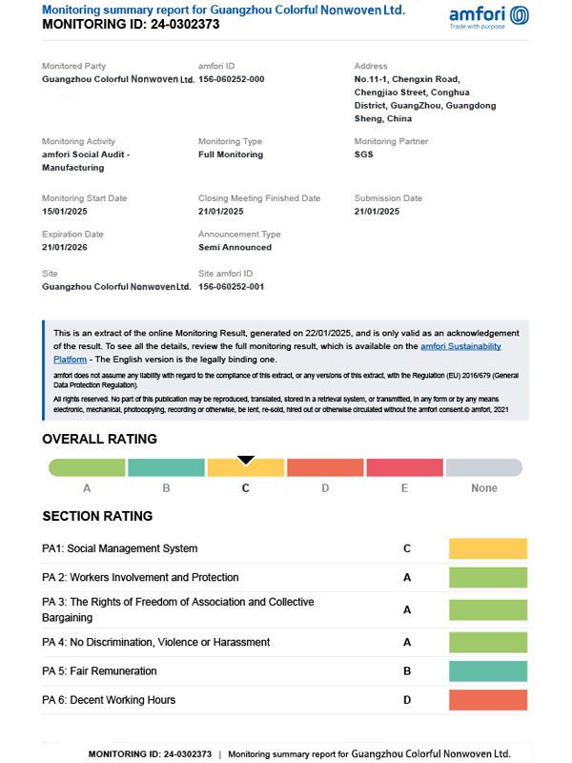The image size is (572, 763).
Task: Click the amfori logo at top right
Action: click(x=489, y=16)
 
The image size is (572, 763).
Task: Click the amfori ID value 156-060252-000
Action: click(x=231, y=79)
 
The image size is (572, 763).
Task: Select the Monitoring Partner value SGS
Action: click(x=364, y=155)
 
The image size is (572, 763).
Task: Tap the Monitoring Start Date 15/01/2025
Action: click(x=71, y=212)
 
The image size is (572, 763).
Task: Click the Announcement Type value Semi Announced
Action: click(x=235, y=247)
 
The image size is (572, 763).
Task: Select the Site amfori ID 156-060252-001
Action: click(x=231, y=286)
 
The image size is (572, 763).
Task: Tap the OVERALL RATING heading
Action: click(x=99, y=440)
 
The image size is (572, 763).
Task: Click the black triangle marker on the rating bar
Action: click(x=246, y=460)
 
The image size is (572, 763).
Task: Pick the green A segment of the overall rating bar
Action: click(x=87, y=468)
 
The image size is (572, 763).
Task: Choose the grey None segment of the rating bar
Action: click(x=484, y=468)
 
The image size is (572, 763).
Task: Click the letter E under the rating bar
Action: click(x=404, y=488)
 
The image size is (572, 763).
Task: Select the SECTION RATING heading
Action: click(x=97, y=516)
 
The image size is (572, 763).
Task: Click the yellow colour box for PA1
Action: click(x=488, y=548)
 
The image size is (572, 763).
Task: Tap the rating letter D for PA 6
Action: click(x=407, y=700)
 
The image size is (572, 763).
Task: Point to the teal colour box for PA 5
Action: click(x=488, y=671)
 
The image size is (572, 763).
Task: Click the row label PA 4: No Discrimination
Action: click(x=155, y=643)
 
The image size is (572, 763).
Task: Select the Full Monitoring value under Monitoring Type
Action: click(x=231, y=155)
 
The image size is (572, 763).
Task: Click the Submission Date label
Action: click(x=388, y=198)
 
